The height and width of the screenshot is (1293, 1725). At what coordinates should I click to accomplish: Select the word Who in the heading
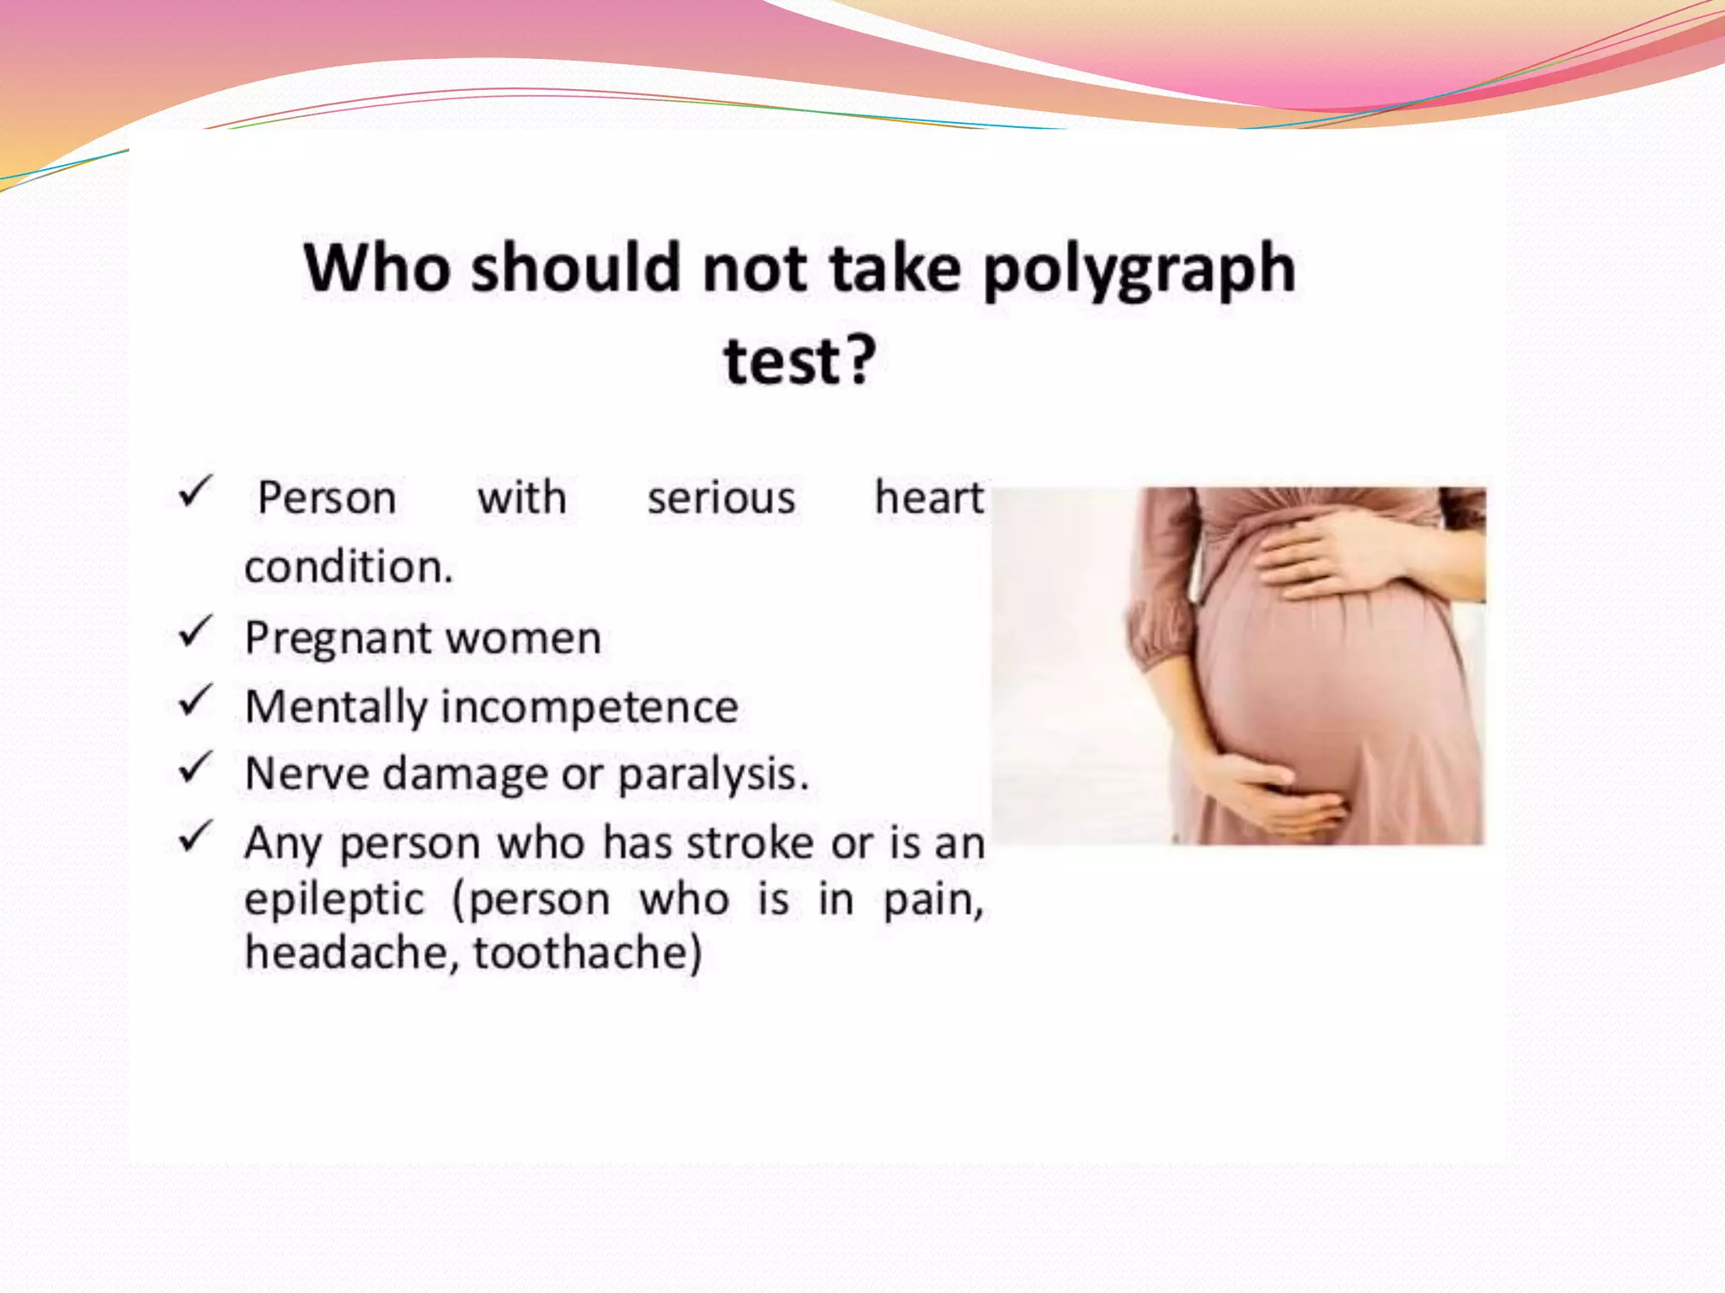tap(377, 268)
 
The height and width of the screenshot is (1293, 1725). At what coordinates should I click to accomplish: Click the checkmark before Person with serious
tap(195, 492)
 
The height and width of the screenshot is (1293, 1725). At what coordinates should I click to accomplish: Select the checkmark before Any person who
tap(195, 837)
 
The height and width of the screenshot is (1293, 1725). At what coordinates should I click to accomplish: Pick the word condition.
tap(349, 567)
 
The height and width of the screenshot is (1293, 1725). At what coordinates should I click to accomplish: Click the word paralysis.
tap(713, 774)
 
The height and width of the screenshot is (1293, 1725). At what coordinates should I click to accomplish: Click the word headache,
tap(352, 953)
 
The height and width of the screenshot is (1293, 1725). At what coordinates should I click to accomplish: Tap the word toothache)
tap(587, 953)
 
